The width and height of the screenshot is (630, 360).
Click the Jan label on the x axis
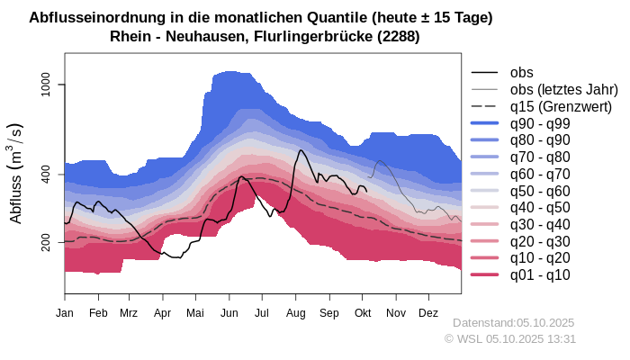click(65, 312)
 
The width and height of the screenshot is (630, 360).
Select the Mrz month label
click(129, 312)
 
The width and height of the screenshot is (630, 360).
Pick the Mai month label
click(195, 312)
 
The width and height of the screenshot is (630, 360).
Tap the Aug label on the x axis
click(296, 312)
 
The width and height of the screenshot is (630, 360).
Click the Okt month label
click(363, 312)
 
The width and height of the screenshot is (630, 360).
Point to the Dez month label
click(428, 312)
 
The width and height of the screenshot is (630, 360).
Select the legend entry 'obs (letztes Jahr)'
click(563, 89)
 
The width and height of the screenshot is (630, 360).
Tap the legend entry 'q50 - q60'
click(540, 191)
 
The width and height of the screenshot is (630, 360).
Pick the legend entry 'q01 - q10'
click(540, 274)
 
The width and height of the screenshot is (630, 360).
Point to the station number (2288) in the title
click(397, 36)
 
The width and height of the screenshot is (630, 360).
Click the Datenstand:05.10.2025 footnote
click(513, 322)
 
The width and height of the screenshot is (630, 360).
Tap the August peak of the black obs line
click(299, 150)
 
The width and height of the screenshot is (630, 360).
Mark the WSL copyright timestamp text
click(509, 338)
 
